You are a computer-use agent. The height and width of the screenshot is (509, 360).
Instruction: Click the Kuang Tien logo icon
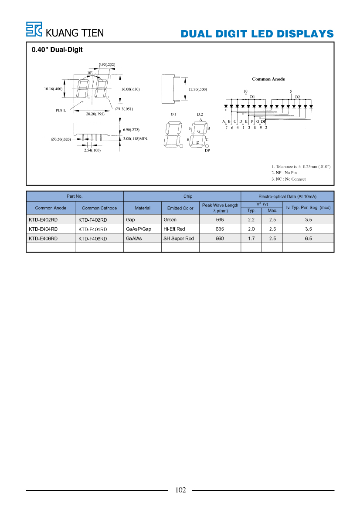pyautogui.click(x=34, y=29)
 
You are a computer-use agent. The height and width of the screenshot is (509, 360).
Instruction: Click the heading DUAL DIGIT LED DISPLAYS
pyautogui.click(x=257, y=34)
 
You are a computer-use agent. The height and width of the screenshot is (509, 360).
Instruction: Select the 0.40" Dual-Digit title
pyautogui.click(x=57, y=50)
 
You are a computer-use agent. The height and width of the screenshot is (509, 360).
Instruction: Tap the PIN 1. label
pyautogui.click(x=61, y=110)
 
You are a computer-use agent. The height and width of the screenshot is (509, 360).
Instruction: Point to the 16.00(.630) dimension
pyautogui.click(x=130, y=89)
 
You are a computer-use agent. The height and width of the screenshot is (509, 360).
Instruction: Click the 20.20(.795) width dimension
pyautogui.click(x=95, y=114)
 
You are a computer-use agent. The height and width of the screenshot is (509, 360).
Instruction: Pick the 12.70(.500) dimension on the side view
pyautogui.click(x=197, y=89)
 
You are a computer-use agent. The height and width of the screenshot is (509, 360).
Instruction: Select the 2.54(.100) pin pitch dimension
pyautogui.click(x=92, y=150)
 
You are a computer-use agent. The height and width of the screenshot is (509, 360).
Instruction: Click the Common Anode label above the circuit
pyautogui.click(x=268, y=79)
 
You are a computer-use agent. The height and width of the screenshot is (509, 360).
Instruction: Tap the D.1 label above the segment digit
pyautogui.click(x=173, y=114)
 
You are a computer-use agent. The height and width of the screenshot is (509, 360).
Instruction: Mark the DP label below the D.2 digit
pyautogui.click(x=207, y=150)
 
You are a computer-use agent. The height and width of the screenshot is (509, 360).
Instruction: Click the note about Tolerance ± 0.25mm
pyautogui.click(x=301, y=166)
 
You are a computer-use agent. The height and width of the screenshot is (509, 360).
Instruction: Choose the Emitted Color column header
pyautogui.click(x=180, y=208)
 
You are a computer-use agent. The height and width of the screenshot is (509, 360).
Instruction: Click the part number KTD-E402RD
pyautogui.click(x=43, y=220)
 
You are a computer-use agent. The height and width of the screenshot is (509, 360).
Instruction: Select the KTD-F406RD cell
pyautogui.click(x=92, y=239)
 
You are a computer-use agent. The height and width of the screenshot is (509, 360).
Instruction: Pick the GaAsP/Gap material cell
pyautogui.click(x=139, y=229)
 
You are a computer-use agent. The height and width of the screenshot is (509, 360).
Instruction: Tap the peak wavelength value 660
pyautogui.click(x=220, y=238)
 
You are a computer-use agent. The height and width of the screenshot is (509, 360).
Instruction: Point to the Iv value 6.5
pyautogui.click(x=308, y=238)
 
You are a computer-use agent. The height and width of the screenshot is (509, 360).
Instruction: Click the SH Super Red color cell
pyautogui.click(x=178, y=238)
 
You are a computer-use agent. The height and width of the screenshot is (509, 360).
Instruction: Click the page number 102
pyautogui.click(x=180, y=490)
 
